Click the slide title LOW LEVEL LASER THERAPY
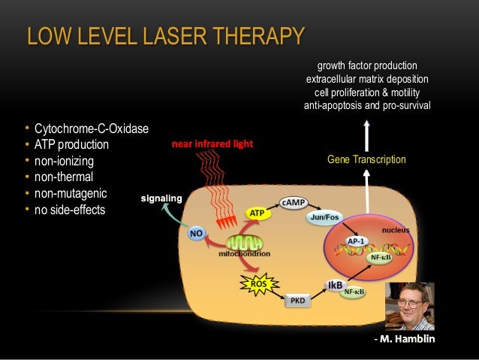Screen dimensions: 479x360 pos(165,35)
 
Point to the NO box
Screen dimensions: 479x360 pos(196,234)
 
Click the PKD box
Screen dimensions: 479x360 pos(297,301)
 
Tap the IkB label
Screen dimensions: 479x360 pos(334,284)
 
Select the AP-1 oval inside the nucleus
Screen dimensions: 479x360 pos(357,241)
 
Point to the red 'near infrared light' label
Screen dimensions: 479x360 pos(212,143)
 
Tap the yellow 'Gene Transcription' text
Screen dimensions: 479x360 pos(366,159)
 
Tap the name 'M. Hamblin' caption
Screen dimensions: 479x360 pos(408,339)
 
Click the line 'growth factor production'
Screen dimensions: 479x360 pos(367,65)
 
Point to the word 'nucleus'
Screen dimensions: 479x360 pos(396,228)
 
